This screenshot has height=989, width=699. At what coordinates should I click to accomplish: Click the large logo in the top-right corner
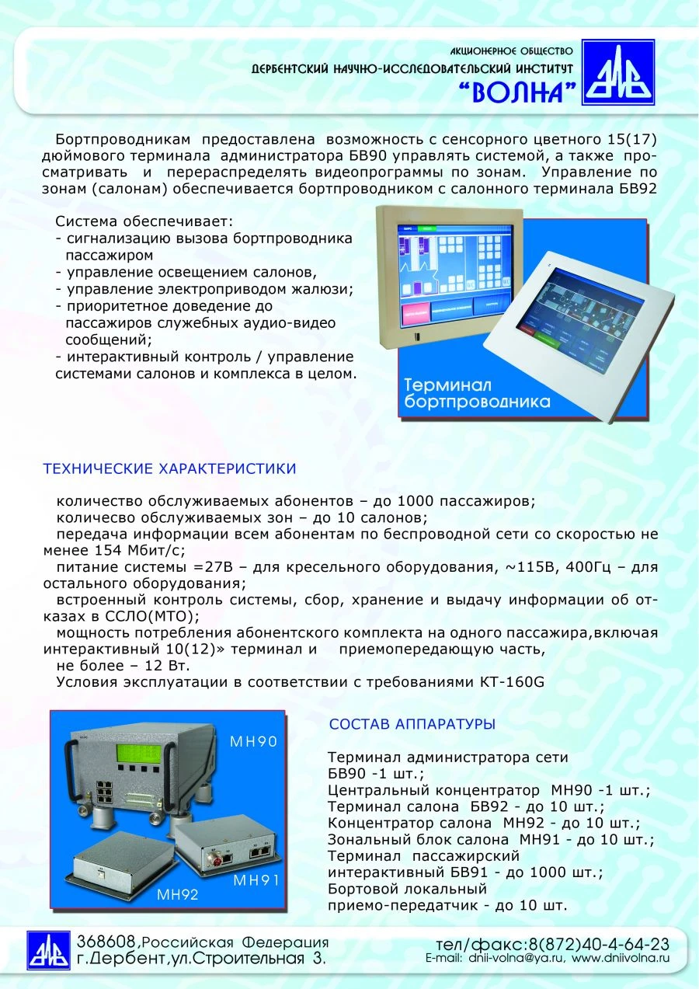click(x=618, y=72)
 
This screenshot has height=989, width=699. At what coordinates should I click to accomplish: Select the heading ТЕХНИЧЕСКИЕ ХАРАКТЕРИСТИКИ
click(x=169, y=469)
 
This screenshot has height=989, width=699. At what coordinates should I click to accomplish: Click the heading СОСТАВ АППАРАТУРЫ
click(x=412, y=724)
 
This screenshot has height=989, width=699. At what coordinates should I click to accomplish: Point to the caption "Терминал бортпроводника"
click(x=477, y=393)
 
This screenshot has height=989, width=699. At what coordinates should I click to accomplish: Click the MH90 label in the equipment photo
click(x=253, y=742)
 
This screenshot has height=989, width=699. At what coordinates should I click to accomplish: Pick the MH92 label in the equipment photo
click(x=178, y=894)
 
